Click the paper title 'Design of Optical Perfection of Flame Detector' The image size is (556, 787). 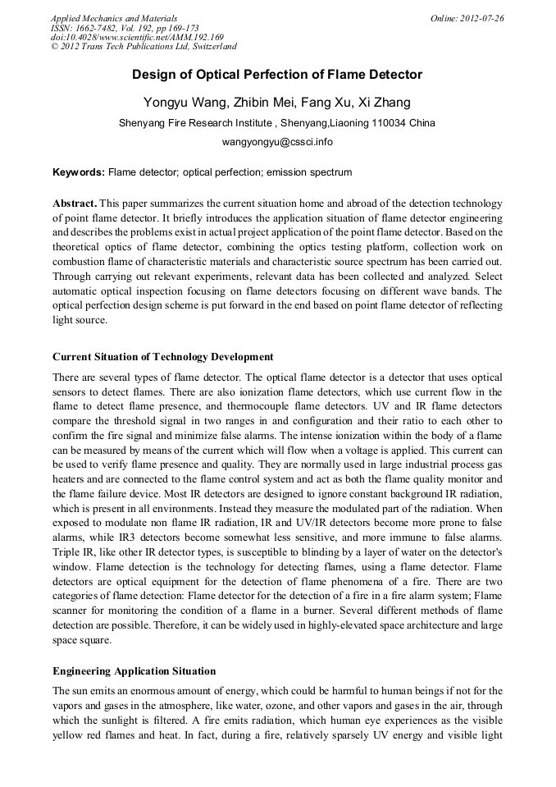277,75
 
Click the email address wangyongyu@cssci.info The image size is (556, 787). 277,142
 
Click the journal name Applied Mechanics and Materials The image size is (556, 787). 114,18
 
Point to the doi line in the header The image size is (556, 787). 136,37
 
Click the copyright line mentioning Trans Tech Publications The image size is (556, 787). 144,47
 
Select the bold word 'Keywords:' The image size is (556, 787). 79,172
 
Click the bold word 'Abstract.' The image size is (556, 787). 75,203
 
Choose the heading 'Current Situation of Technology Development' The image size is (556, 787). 162,357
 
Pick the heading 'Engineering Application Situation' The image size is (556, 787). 134,671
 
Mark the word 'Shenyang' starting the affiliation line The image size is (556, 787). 142,123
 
